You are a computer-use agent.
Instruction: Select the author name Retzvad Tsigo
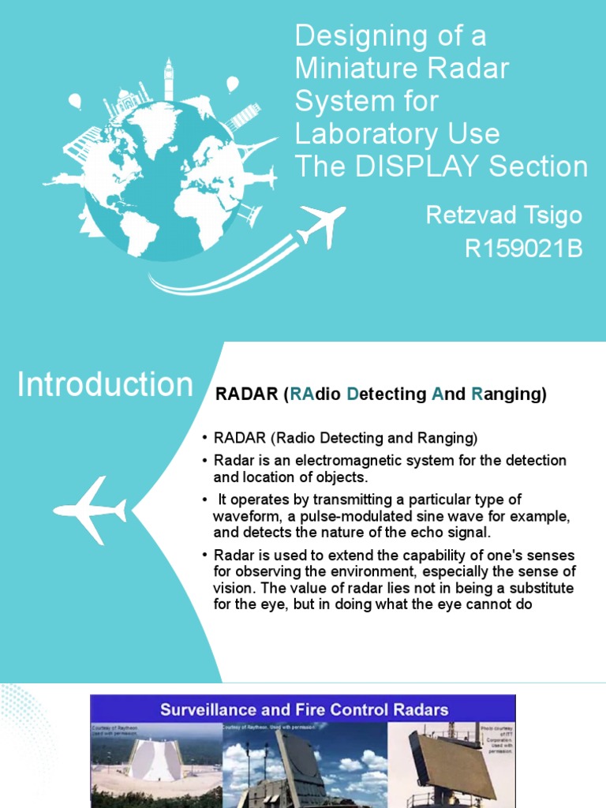pos(504,215)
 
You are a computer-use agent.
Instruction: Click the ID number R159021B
pos(524,249)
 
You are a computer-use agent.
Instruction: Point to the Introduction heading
pos(105,385)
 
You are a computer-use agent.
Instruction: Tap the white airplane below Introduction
pos(90,511)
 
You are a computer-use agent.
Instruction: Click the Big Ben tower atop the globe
pos(168,79)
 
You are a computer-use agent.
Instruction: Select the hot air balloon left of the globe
pos(75,102)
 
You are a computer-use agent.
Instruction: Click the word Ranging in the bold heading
pos(509,395)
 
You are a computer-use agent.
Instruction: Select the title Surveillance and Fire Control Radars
pos(304,709)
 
